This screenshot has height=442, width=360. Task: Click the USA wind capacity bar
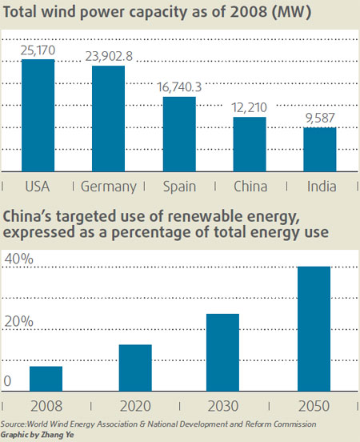[38, 115]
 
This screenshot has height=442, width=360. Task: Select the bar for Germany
[108, 119]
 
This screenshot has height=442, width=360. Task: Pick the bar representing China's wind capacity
[250, 144]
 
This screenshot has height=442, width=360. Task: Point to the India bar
[320, 150]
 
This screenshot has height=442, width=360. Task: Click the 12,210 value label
[250, 107]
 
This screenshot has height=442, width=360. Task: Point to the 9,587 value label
[320, 118]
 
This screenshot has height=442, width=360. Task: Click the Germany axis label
[109, 187]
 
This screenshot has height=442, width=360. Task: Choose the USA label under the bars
[38, 187]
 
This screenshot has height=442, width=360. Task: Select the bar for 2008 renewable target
[46, 378]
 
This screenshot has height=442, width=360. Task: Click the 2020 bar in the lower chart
[135, 368]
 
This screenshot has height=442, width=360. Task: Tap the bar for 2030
[223, 352]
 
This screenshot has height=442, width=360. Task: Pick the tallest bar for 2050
[314, 328]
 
